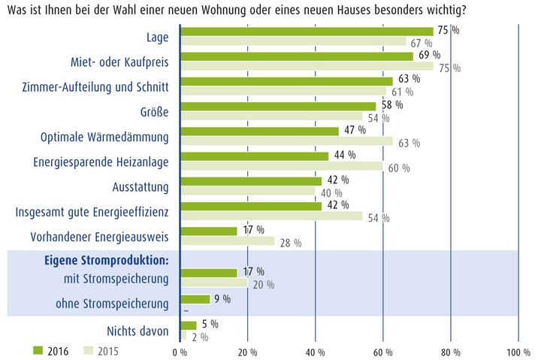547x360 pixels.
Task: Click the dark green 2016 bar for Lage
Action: [x=307, y=31]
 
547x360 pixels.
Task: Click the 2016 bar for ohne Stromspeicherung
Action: [x=196, y=299]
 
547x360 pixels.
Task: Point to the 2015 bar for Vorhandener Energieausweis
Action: [x=228, y=241]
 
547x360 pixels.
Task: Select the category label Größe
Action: [x=155, y=113]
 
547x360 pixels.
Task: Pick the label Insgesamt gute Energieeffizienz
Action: [x=92, y=212]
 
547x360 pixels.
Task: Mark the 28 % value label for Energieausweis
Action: [x=291, y=243]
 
